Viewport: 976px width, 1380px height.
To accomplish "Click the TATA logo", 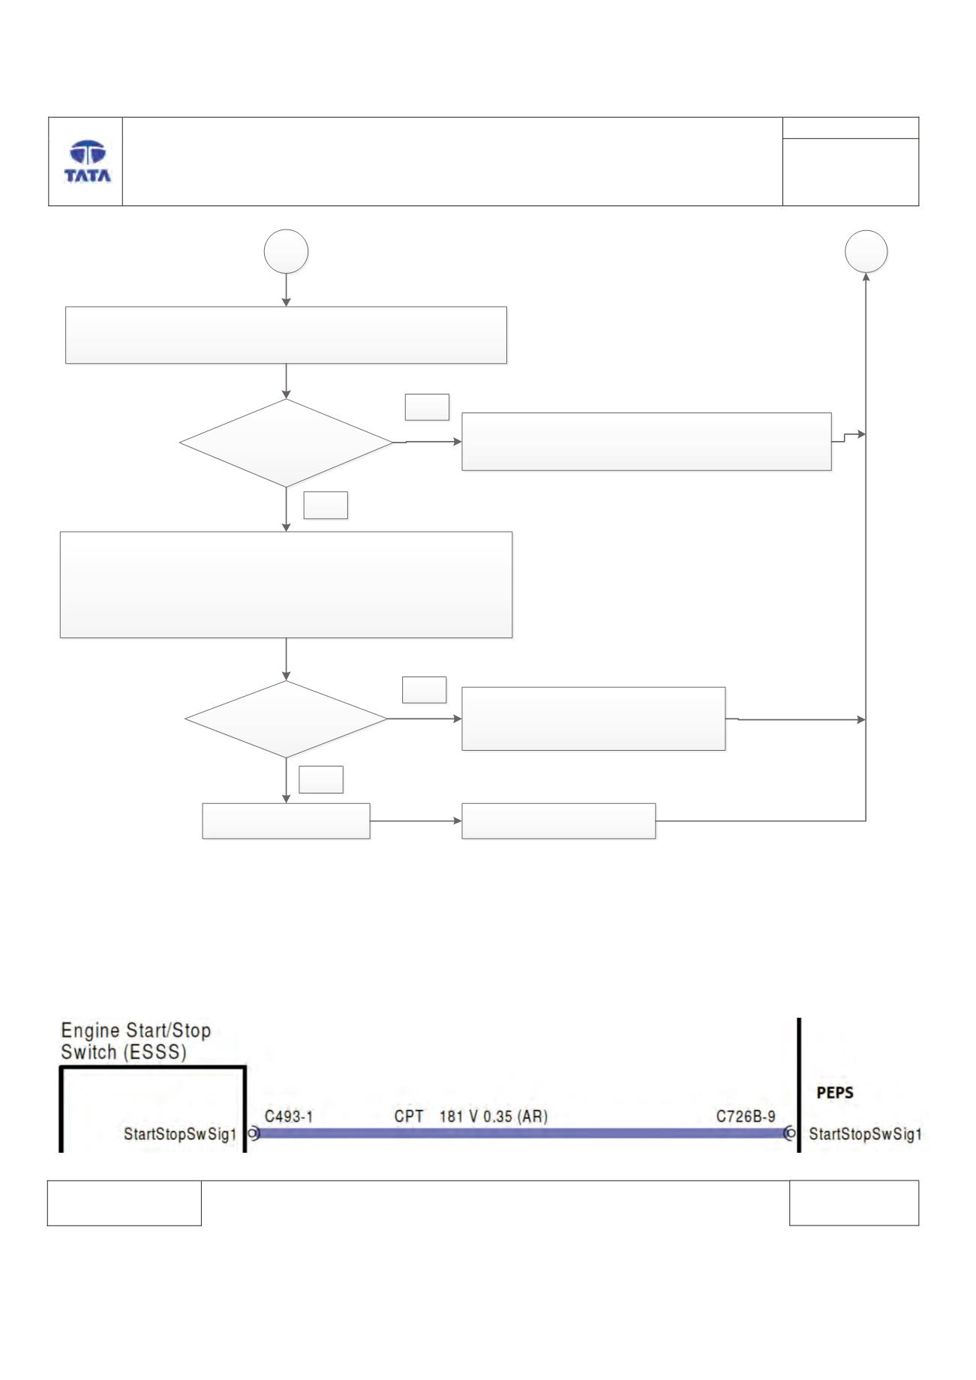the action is tap(88, 161).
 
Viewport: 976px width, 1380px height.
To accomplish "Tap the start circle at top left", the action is tap(287, 251).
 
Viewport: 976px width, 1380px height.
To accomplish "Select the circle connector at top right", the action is tap(866, 251).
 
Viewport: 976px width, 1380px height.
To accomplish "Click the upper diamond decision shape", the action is tap(287, 442).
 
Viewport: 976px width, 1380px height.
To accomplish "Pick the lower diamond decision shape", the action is tap(287, 719).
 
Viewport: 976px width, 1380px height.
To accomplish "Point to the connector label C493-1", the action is tap(289, 1117).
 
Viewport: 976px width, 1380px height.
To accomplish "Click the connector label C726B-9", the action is tap(746, 1117).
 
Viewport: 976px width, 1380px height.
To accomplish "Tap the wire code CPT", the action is tap(409, 1117).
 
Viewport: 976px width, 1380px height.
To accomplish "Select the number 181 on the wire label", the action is tap(451, 1117).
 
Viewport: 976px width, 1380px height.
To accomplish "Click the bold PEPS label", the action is tap(835, 1093).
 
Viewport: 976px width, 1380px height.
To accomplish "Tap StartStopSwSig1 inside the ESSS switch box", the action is tap(180, 1134).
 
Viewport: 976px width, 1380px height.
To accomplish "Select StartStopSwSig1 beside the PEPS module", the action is tap(865, 1134).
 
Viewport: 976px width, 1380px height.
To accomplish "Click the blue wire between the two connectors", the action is tap(521, 1133).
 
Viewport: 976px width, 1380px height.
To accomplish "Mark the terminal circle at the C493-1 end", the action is tap(254, 1133).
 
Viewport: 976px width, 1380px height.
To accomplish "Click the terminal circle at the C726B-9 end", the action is tap(789, 1133).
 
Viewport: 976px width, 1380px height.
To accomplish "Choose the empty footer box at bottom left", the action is tap(125, 1203).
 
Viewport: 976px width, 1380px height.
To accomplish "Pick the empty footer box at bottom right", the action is tap(854, 1203).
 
